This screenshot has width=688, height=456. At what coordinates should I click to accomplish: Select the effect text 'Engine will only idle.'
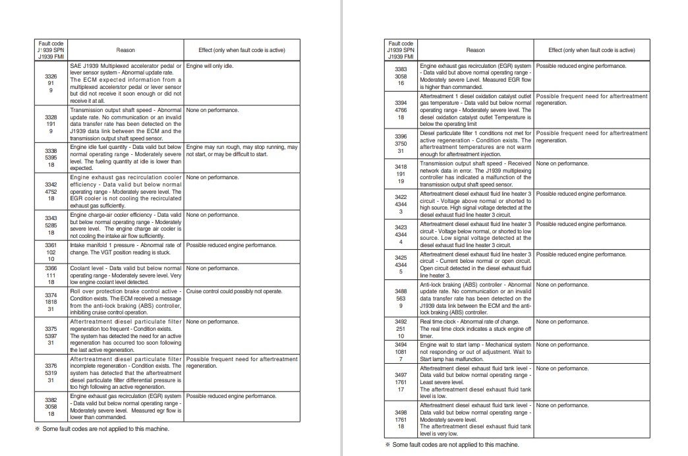210,66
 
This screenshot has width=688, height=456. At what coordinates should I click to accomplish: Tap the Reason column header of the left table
125,50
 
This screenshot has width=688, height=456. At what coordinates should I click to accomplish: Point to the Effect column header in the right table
591,50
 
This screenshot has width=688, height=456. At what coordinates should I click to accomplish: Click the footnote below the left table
102,428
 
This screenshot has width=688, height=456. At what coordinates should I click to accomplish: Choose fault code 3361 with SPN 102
51,252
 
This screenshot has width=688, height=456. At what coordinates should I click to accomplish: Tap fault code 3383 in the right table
401,76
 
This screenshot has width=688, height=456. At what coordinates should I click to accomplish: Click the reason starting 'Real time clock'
475,328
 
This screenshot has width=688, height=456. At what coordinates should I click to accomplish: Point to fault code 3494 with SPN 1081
401,352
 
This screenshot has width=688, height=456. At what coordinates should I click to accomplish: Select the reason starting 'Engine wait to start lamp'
475,351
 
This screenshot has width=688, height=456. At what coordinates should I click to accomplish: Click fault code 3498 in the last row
401,419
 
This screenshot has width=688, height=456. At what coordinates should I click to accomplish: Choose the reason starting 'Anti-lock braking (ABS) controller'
475,298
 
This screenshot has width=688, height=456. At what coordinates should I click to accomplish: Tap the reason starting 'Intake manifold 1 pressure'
125,248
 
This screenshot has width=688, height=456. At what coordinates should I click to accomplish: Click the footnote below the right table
452,445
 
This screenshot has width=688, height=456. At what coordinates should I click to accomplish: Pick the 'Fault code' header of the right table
401,50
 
